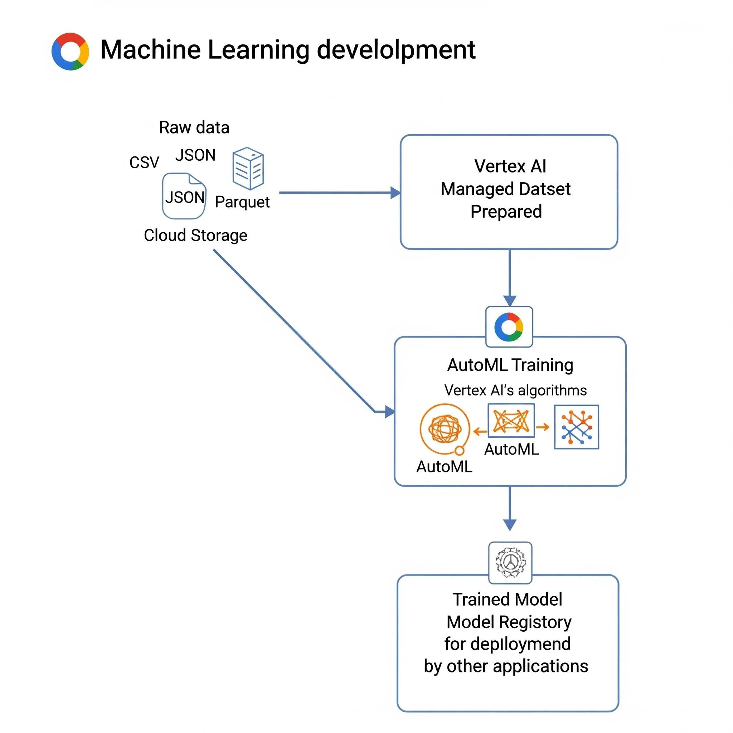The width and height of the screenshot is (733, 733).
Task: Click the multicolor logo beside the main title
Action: (x=70, y=51)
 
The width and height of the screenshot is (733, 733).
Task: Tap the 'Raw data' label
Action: (x=194, y=127)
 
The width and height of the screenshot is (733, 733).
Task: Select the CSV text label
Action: (x=144, y=162)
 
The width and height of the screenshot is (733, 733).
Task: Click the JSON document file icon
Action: (x=184, y=196)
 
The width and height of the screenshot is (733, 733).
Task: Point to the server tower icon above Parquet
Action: (x=248, y=169)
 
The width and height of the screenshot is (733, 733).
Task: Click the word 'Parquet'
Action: (x=242, y=202)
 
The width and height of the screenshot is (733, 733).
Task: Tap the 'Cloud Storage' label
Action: (x=195, y=235)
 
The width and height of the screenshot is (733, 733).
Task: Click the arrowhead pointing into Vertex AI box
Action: (x=395, y=193)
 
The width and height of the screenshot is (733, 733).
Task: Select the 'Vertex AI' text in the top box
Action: (x=510, y=166)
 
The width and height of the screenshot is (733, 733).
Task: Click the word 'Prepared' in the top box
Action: (x=506, y=211)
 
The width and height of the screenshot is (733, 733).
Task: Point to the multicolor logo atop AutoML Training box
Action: (x=509, y=327)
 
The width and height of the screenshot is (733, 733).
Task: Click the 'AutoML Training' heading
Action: (x=510, y=365)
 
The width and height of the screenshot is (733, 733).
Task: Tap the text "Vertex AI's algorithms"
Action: (x=515, y=390)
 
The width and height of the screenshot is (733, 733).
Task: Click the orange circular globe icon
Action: (x=445, y=429)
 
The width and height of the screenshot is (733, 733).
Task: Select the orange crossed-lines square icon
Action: (x=511, y=421)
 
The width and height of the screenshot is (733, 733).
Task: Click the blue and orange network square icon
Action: (x=576, y=427)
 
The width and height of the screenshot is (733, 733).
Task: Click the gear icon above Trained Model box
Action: (x=510, y=562)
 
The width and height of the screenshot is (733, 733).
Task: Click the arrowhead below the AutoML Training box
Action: (x=510, y=525)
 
